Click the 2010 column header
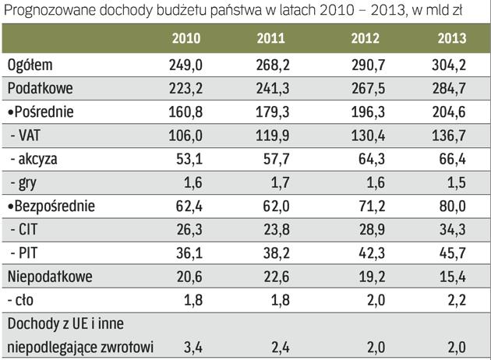pyautogui.click(x=186, y=39)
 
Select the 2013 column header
pyautogui.click(x=451, y=39)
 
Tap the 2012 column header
pyautogui.click(x=366, y=39)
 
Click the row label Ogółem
pyautogui.click(x=30, y=66)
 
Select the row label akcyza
pyautogui.click(x=34, y=159)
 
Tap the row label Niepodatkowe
pyautogui.click(x=48, y=275)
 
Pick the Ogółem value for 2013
pyautogui.click(x=451, y=66)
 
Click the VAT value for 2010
pyautogui.click(x=186, y=136)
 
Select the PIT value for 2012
pyautogui.click(x=366, y=252)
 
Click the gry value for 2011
pyautogui.click(x=277, y=182)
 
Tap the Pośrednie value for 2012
pyautogui.click(x=366, y=112)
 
